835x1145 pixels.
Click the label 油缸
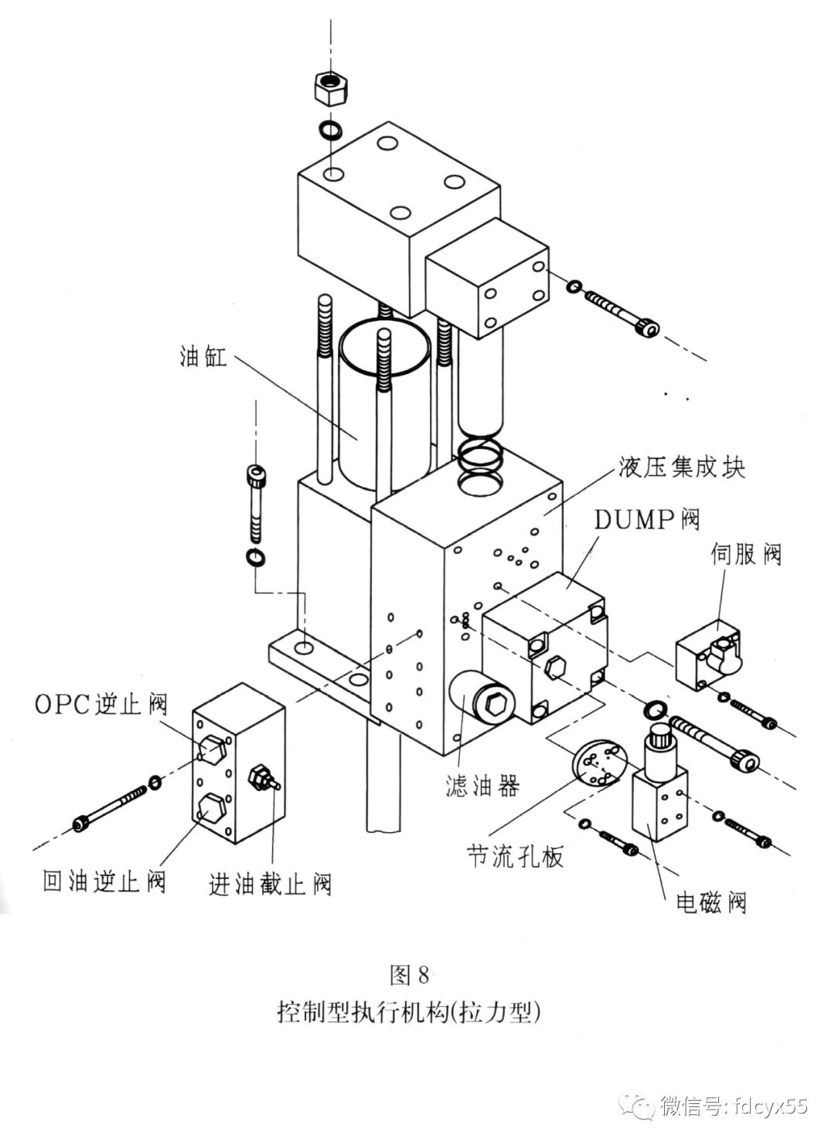[204, 357]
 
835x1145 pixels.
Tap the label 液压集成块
[681, 467]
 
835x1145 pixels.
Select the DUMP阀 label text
[647, 520]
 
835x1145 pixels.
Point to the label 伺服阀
[746, 553]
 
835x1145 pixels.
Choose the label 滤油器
[482, 786]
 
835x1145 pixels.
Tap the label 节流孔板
[516, 856]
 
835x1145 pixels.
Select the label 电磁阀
[711, 902]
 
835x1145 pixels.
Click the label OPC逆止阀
[101, 704]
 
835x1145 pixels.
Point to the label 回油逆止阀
[104, 881]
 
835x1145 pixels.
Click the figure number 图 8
[409, 976]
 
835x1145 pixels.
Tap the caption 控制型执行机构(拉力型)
[408, 1012]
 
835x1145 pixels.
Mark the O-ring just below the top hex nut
[331, 128]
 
